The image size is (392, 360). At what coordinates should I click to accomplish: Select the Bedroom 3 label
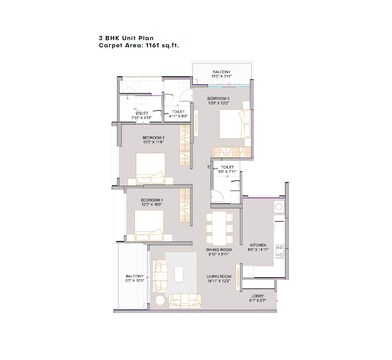[219, 100]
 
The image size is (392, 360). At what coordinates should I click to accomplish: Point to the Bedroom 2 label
[152, 138]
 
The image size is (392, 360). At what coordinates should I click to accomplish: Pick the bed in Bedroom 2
[149, 165]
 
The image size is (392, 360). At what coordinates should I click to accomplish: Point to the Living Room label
[220, 277]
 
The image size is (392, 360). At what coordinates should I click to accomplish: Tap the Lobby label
[257, 296]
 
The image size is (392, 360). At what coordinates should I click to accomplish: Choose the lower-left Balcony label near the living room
[134, 278]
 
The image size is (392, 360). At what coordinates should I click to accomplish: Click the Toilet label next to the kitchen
[226, 169]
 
